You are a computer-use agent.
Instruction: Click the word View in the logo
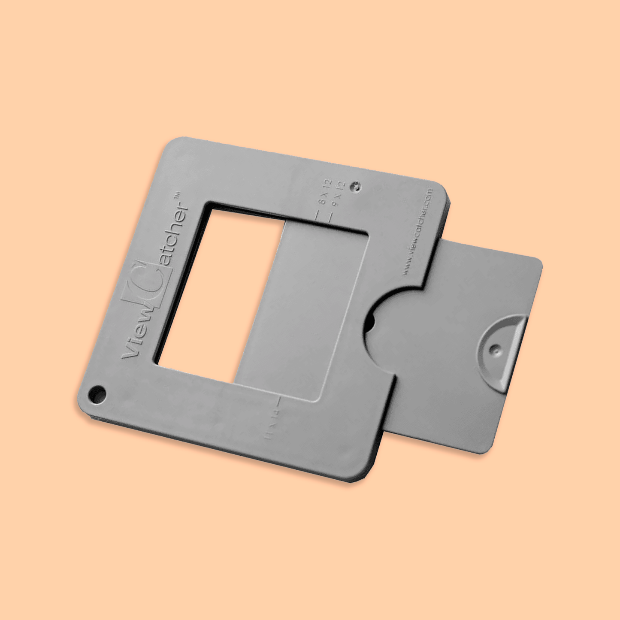[x=136, y=335]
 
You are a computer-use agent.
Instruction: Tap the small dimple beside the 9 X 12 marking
[x=356, y=187]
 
